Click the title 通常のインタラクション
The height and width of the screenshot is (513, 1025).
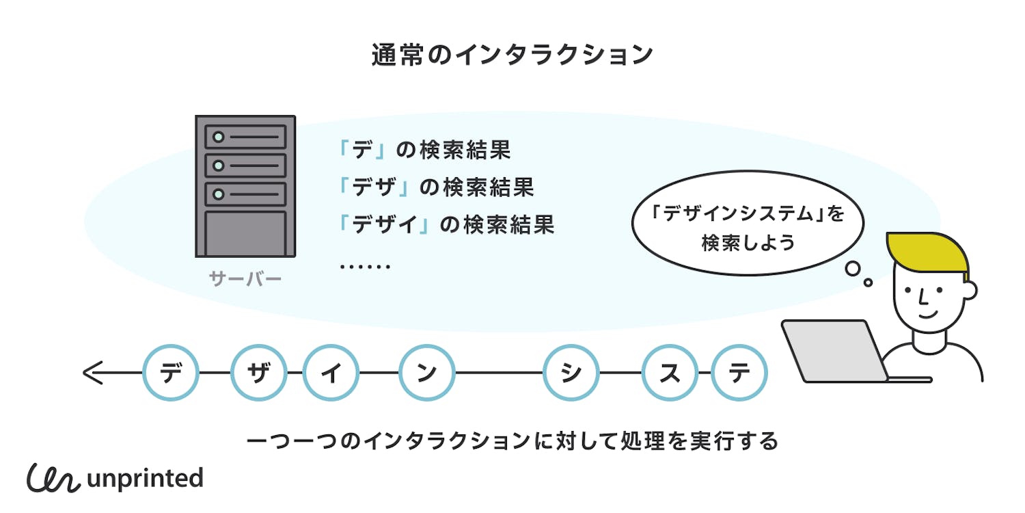[x=512, y=55]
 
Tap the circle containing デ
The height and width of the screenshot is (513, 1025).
[x=171, y=373]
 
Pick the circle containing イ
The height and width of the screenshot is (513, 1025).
[x=331, y=373]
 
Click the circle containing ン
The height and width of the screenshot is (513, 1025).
[x=427, y=373]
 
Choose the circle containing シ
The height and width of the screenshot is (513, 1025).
[x=571, y=373]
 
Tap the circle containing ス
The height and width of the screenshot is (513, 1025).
[x=670, y=373]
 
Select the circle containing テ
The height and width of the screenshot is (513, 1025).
[x=739, y=373]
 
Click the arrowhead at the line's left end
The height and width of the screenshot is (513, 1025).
[x=92, y=373]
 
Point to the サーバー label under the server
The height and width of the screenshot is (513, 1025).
[x=245, y=279]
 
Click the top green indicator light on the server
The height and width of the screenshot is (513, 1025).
[x=218, y=137]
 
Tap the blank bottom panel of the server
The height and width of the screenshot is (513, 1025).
[x=245, y=233]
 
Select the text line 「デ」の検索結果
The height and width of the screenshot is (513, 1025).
[x=424, y=150]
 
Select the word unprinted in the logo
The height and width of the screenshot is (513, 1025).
[x=145, y=478]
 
